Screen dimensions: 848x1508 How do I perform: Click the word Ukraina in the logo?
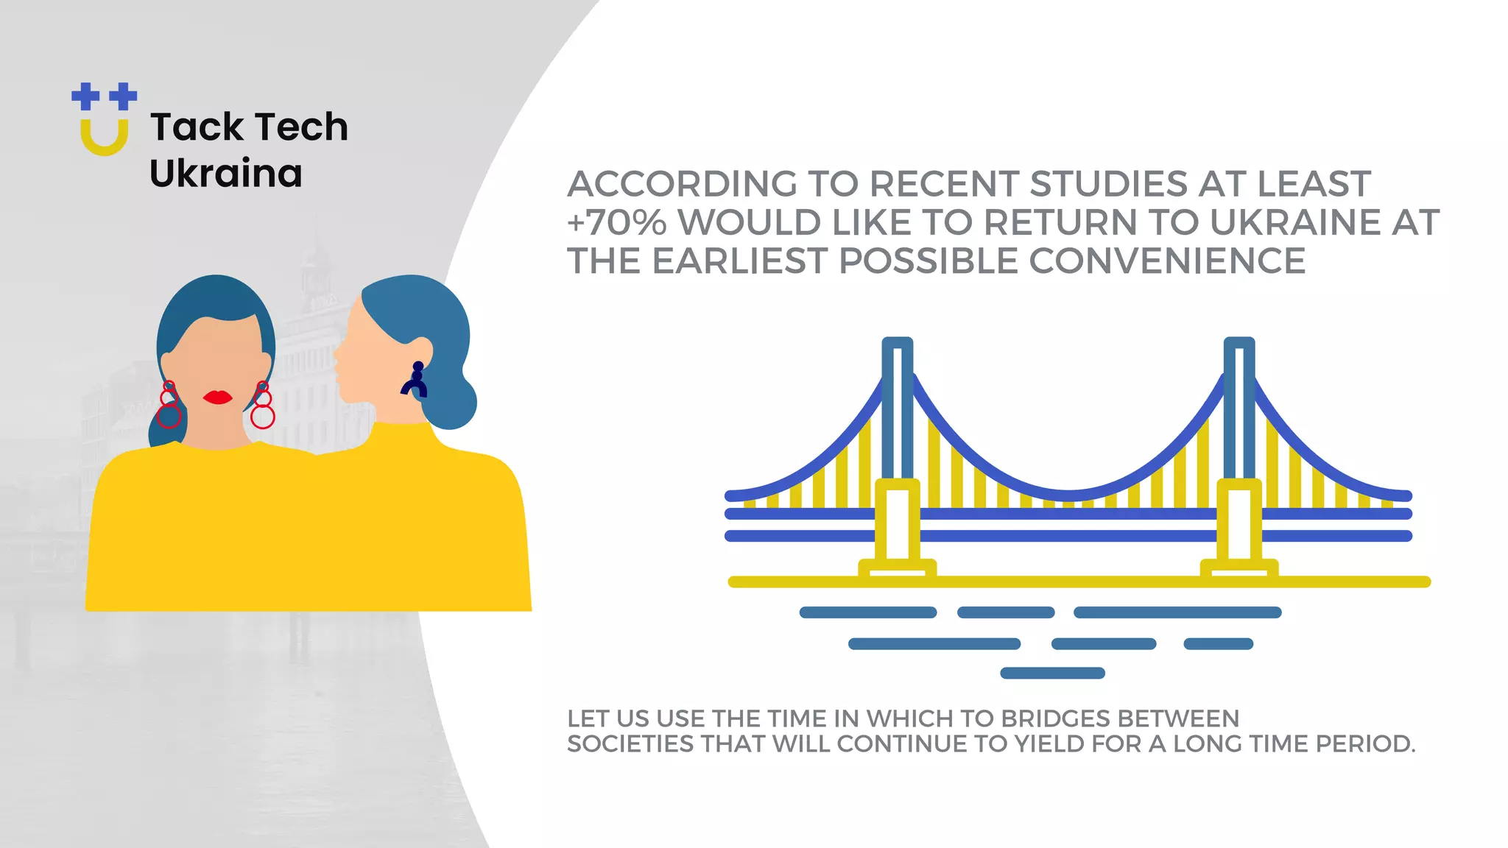(225, 174)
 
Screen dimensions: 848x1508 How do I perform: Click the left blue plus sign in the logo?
(85, 96)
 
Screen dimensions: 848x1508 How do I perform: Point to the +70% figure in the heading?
(616, 222)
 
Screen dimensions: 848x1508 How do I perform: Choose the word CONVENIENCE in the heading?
(1167, 261)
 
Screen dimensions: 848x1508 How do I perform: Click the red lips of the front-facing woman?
(217, 397)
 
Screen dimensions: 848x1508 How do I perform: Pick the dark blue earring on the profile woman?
(415, 380)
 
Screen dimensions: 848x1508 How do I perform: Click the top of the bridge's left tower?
(897, 344)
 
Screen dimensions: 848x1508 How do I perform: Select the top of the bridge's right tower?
(1239, 344)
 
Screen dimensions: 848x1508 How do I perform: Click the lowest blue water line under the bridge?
(1052, 673)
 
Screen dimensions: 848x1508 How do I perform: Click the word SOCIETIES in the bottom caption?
(630, 744)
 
